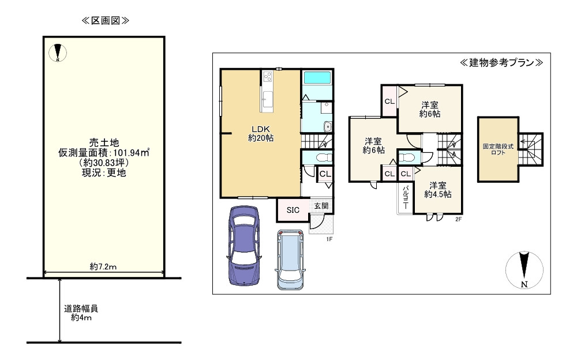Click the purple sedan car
point(245,245)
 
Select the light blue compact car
point(290,260)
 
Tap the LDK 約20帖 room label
point(261,133)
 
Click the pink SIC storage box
point(293,210)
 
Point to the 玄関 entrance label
point(321,207)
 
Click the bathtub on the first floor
point(316,78)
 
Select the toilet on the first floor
point(321,157)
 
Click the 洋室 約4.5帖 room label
point(437,190)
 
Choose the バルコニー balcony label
point(406,198)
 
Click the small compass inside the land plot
point(58,53)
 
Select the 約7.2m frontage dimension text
point(104,267)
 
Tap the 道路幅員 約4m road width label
point(81,313)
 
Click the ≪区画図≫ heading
point(105,21)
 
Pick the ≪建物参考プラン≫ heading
point(501,62)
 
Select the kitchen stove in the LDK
point(268,76)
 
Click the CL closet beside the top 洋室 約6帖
point(389,102)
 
